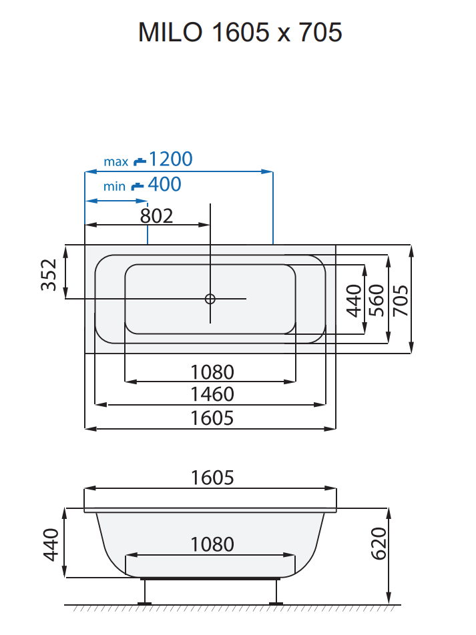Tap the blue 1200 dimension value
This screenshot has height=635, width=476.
(170, 159)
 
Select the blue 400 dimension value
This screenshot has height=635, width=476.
(164, 185)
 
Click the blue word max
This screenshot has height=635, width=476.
(115, 162)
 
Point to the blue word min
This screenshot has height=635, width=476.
(114, 187)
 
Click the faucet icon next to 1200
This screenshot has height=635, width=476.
(140, 161)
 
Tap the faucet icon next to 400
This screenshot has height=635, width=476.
(136, 185)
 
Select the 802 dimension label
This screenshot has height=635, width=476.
(157, 215)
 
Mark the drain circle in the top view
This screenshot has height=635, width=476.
(210, 299)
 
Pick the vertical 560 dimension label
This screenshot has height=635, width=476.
(377, 299)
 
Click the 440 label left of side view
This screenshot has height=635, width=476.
(50, 544)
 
